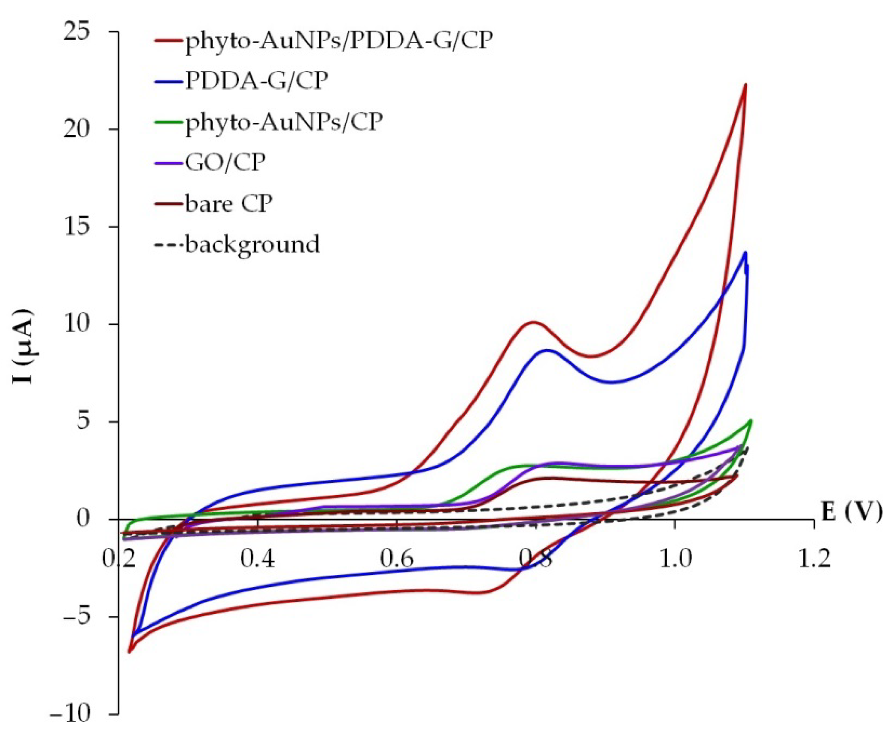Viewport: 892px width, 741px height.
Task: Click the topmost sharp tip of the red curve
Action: pos(745,84)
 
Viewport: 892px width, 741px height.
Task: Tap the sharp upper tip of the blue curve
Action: pos(745,253)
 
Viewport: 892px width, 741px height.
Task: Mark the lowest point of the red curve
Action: pos(130,651)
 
